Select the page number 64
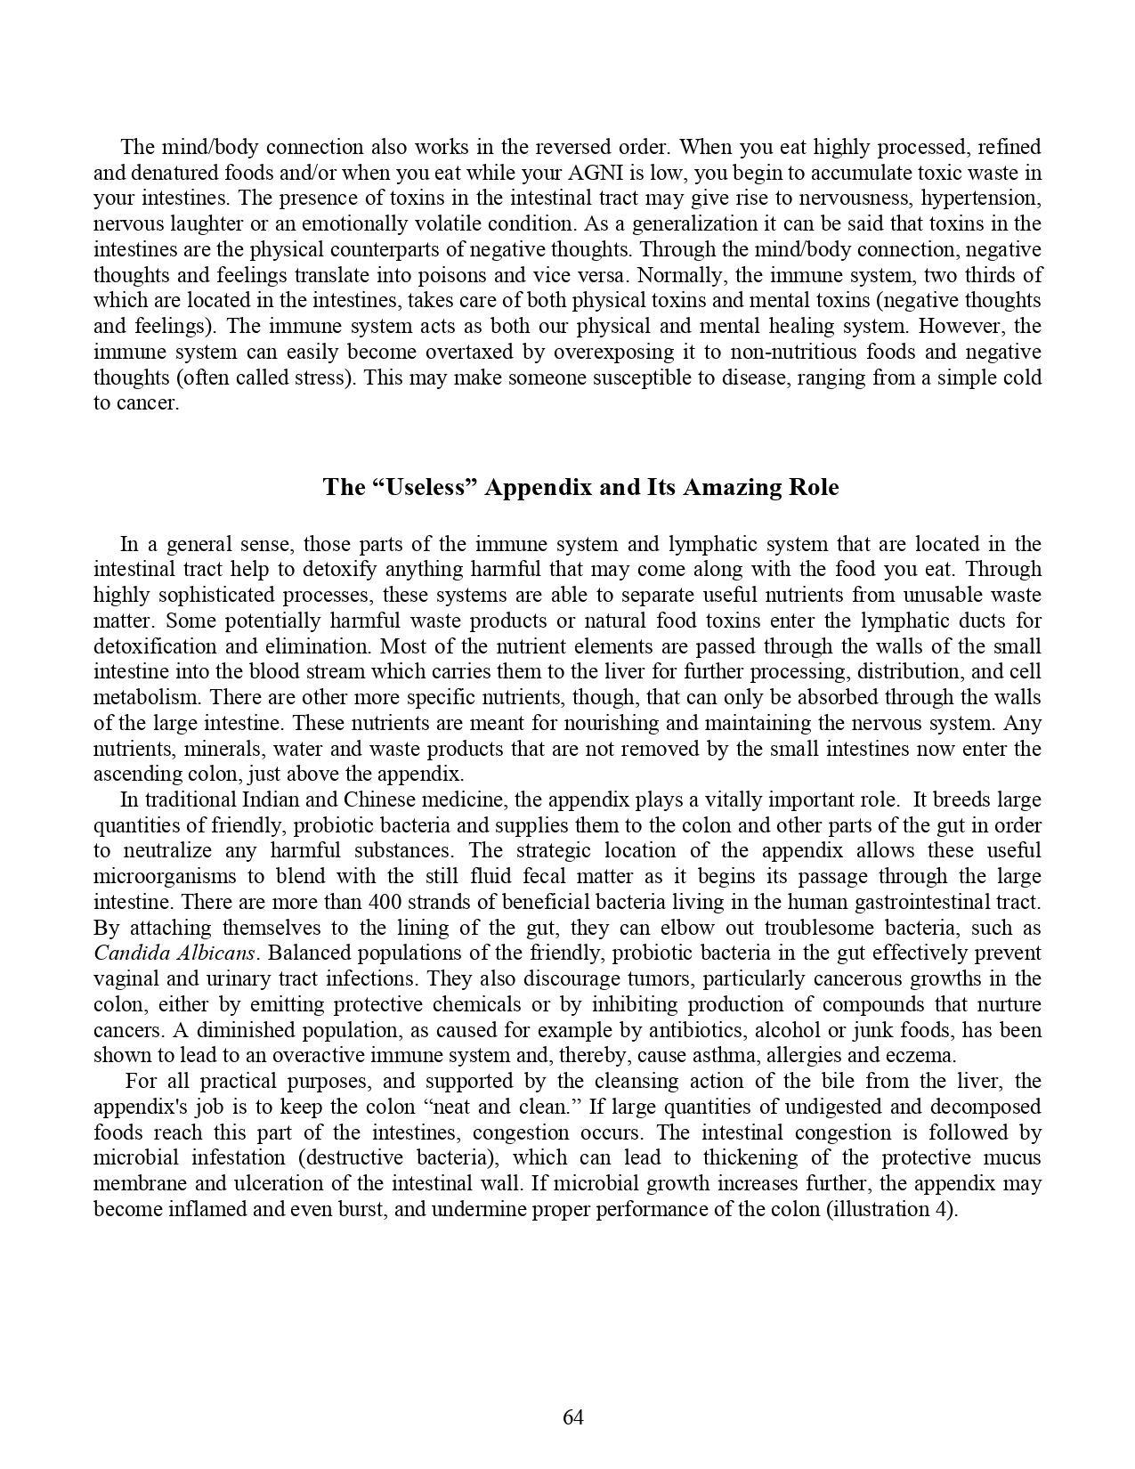tap(573, 1417)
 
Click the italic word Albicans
tap(216, 954)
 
